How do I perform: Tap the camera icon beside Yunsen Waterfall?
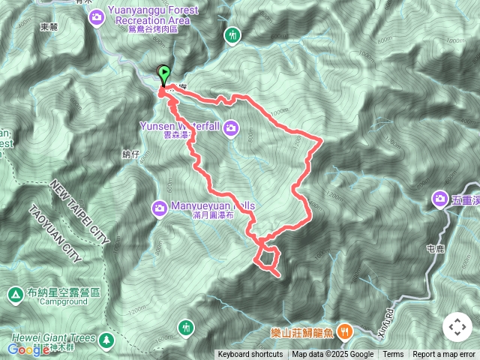tap(229, 129)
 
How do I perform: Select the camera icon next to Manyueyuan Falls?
tap(160, 208)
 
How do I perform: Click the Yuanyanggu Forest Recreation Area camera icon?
tap(97, 16)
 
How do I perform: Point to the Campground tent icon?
tap(16, 295)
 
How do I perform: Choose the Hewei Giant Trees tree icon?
tap(107, 340)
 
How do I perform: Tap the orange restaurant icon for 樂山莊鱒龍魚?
tap(345, 330)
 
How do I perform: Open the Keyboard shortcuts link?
tap(251, 355)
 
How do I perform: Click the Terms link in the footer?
tap(393, 355)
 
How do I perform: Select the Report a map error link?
tap(445, 355)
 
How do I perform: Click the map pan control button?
tap(457, 327)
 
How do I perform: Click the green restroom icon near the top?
tap(233, 34)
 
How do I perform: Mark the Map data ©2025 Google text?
tap(333, 355)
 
